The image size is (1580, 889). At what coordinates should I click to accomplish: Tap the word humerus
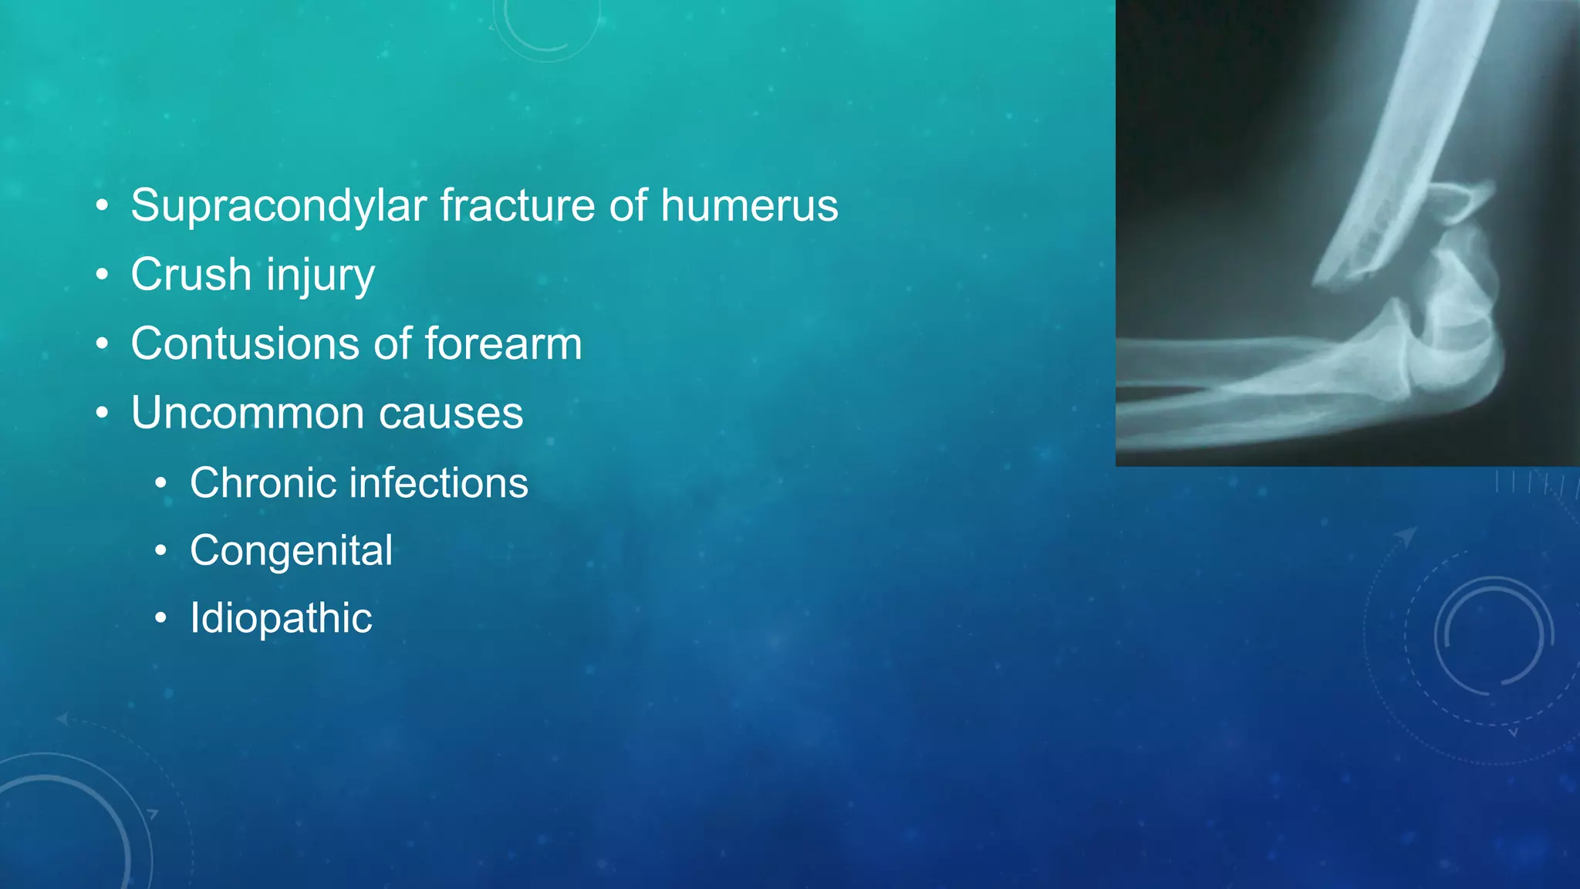748,206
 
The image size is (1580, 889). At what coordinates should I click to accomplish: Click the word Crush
191,275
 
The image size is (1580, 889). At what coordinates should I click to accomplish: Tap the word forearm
503,343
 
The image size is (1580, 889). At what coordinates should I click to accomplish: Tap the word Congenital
291,551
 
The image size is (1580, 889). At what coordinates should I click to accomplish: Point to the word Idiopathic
281,618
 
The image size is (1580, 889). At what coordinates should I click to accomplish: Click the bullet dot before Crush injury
102,275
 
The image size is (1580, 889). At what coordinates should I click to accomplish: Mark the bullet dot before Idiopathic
160,618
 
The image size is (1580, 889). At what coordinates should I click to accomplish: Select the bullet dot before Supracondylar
102,206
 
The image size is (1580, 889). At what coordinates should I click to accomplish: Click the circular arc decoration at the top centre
546,31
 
